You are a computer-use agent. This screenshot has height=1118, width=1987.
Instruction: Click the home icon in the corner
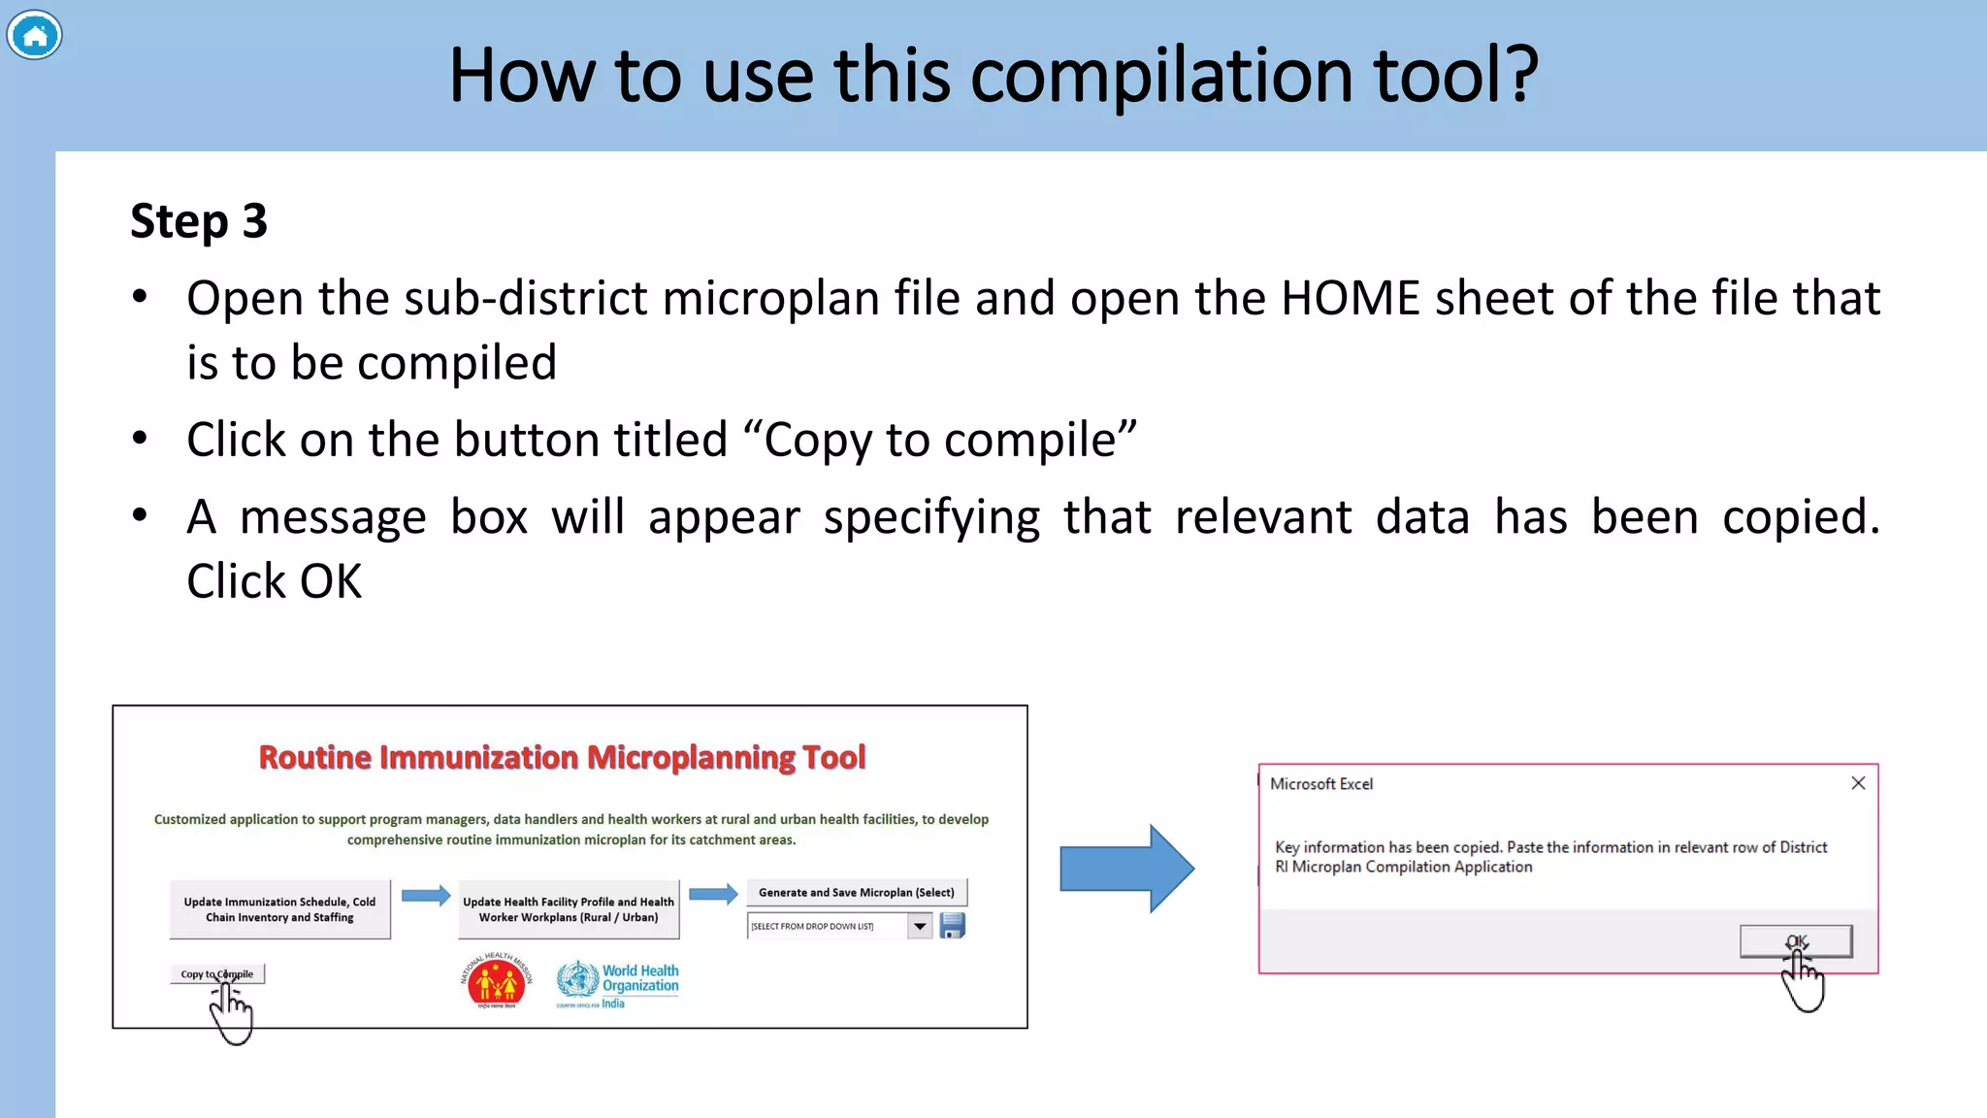(35, 36)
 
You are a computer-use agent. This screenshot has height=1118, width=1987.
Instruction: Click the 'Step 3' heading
(199, 221)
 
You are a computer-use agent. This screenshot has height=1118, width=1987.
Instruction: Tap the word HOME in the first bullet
(1351, 298)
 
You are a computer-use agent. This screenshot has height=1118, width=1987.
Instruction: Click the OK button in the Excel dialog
(1795, 940)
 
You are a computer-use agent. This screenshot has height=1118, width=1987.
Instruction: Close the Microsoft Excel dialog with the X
(1858, 783)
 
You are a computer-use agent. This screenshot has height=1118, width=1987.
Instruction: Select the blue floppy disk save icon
(953, 926)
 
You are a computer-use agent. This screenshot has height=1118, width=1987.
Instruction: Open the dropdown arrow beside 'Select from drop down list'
(920, 926)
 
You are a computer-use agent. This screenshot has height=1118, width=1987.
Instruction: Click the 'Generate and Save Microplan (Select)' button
(856, 892)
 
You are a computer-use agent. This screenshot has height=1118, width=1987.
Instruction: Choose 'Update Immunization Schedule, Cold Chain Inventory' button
(279, 909)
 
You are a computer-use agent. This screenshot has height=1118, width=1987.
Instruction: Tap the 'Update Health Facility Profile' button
(569, 909)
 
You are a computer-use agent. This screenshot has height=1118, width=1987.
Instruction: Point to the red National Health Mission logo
(496, 982)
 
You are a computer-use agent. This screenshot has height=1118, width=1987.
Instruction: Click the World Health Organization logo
(618, 982)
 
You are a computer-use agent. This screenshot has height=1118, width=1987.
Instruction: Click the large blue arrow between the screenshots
(1126, 869)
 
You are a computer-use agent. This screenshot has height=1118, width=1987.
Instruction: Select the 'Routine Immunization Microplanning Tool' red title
(562, 757)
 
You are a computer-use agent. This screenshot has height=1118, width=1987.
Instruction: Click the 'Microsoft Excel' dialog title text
(1321, 784)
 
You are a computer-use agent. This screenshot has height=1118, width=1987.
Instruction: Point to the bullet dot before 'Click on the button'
(141, 439)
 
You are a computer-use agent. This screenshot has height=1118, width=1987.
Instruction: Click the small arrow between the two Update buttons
(425, 895)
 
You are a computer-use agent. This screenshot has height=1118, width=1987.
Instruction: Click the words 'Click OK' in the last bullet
(275, 581)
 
